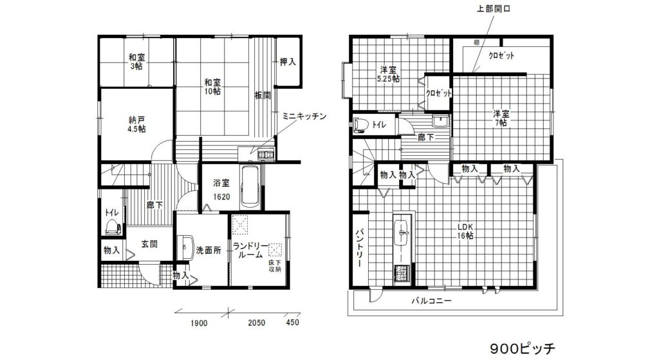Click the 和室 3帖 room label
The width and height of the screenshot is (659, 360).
tap(136, 61)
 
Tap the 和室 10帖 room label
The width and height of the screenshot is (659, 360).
tap(212, 86)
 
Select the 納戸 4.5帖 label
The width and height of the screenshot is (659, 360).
tap(136, 124)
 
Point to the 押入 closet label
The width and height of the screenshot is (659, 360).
tap(288, 62)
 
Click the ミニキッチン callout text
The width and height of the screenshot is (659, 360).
tap(304, 116)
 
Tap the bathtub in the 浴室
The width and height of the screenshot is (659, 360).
tap(251, 185)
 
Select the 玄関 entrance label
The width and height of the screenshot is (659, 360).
tap(149, 244)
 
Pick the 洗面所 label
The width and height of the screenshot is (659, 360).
tap(209, 251)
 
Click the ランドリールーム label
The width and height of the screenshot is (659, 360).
tap(250, 251)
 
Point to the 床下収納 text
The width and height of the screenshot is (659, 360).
tap(275, 266)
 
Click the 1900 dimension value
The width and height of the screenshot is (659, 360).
tap(200, 323)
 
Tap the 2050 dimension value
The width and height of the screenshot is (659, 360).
tap(256, 323)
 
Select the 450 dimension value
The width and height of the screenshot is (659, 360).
tap(293, 322)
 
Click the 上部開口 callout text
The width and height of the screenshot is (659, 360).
tap(494, 8)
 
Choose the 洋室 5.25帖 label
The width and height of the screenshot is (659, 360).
tap(388, 74)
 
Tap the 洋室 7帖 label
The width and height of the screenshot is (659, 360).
tap(501, 118)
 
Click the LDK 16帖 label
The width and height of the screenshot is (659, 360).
tap(465, 231)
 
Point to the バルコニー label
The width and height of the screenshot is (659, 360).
tap(431, 301)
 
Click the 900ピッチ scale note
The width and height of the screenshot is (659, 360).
tap(523, 348)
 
